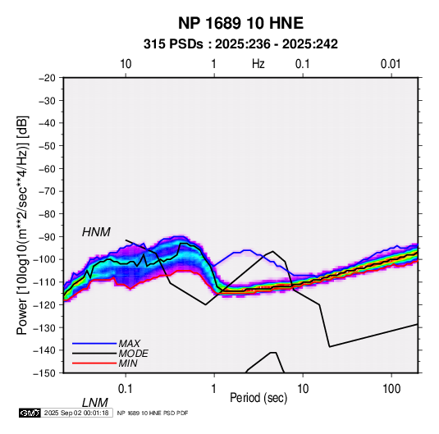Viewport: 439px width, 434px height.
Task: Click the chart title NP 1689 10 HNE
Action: coord(240,23)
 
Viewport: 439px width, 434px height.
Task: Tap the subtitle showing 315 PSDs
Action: coord(240,44)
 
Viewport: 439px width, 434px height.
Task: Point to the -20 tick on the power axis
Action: coord(47,78)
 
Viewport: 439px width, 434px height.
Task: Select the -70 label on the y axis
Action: coord(47,191)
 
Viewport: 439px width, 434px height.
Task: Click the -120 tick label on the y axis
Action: coord(44,304)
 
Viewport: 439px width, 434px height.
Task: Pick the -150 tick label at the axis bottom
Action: coord(44,373)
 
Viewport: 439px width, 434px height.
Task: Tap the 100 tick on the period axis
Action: coord(391,389)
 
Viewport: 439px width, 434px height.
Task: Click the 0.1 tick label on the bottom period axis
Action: coord(126,389)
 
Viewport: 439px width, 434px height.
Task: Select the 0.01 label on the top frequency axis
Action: coord(391,64)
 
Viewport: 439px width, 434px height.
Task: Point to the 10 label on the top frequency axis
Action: coord(126,64)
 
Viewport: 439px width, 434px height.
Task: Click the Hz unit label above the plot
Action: coord(258,64)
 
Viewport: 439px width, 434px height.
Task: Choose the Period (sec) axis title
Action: coord(258,398)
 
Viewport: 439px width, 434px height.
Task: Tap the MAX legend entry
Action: coord(129,344)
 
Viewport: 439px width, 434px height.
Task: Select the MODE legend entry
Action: coord(133,354)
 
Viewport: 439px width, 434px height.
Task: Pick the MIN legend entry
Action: coord(128,363)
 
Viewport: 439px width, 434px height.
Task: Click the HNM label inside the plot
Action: coord(96,232)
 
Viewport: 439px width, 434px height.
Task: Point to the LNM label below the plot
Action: coord(94,403)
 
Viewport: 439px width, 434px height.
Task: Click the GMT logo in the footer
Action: coord(30,413)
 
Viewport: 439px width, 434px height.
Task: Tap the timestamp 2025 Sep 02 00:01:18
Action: coord(76,413)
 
